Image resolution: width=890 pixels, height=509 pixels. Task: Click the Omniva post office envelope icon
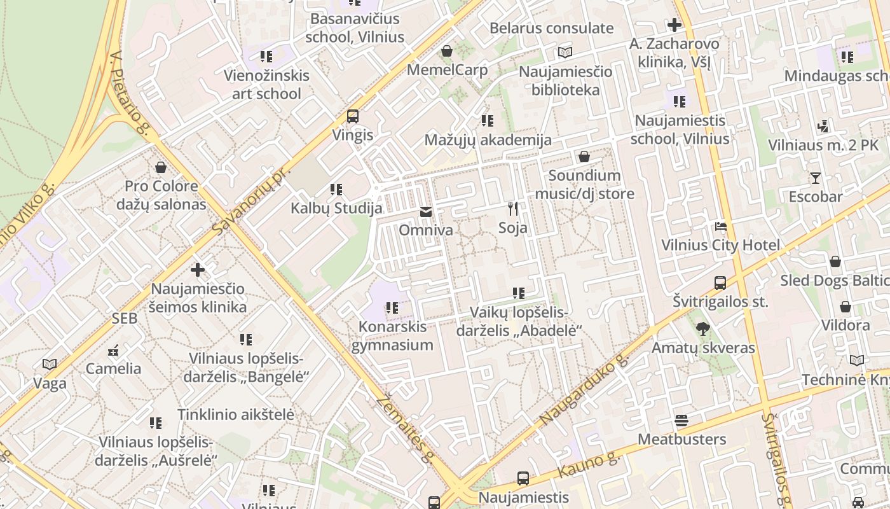coord(425,212)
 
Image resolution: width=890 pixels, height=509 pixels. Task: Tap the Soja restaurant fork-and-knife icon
coord(513,209)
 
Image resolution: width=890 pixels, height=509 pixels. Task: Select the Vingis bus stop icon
coord(353,116)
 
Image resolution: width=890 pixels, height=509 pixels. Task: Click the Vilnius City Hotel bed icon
coord(720,227)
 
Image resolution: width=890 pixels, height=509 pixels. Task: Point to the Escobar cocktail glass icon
coord(816,178)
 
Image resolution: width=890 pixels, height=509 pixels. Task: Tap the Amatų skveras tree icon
coord(703,329)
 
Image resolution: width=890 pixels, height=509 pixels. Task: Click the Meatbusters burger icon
coord(681,421)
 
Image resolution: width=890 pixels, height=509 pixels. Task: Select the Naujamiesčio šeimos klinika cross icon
coord(198,270)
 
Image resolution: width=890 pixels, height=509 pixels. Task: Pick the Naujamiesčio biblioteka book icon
coord(565,52)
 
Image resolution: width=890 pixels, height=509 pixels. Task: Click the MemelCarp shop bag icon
coord(447,51)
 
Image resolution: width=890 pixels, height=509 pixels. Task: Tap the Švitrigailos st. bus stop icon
coord(720,282)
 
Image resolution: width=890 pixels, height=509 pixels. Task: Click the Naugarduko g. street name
coord(584,391)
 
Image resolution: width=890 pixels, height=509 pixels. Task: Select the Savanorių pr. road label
coord(253,199)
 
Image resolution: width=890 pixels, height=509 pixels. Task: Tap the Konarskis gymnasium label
coord(392,336)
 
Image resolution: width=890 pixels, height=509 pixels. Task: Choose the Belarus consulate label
coord(551,28)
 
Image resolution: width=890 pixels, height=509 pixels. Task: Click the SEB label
coord(125,319)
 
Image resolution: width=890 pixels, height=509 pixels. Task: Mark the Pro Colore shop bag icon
coord(161,167)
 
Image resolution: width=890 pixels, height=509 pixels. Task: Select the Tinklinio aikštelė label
coord(236,414)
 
